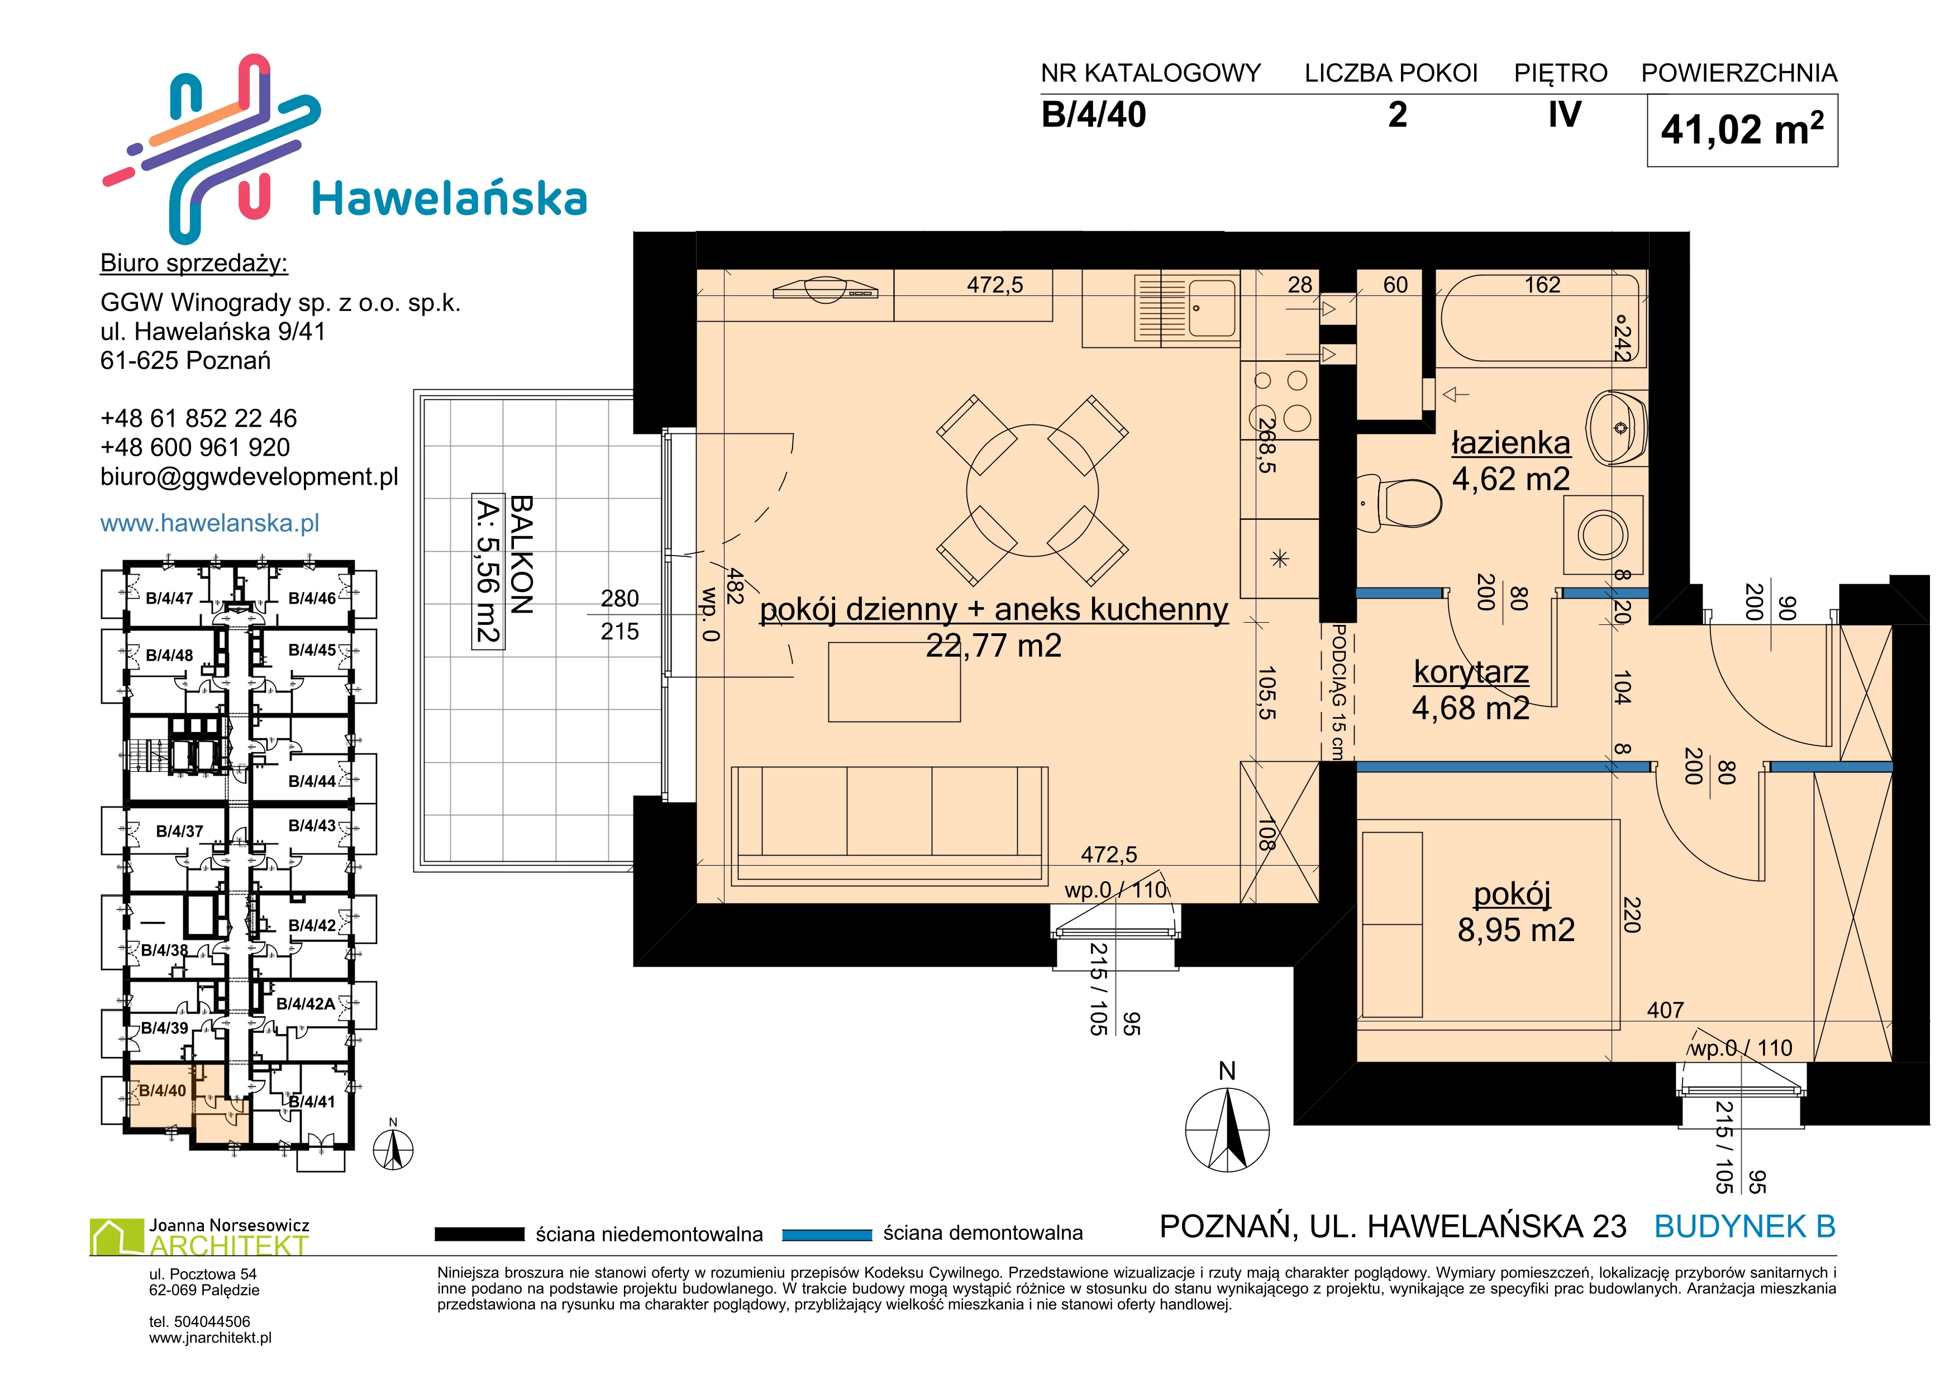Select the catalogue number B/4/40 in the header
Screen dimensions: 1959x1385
(x=1094, y=114)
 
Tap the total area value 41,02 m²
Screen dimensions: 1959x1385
(x=1742, y=129)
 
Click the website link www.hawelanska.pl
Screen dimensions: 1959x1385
(x=210, y=523)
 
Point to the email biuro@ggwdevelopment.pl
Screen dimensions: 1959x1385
(x=249, y=477)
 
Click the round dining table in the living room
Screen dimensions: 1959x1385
(x=1032, y=490)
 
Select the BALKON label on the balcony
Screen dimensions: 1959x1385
(x=521, y=555)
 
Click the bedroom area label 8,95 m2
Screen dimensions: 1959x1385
(x=1516, y=930)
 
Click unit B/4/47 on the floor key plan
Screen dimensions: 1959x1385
(x=169, y=598)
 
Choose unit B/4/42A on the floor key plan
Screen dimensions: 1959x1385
(x=306, y=1004)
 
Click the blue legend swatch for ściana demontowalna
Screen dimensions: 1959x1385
(x=827, y=1234)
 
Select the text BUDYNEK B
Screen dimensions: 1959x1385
(x=1745, y=1226)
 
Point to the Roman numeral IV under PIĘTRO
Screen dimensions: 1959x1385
(x=1565, y=114)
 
